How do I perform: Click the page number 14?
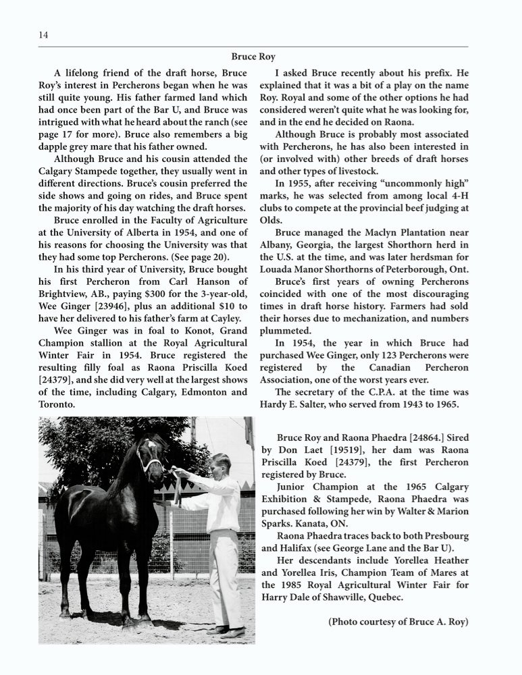[x=43, y=35]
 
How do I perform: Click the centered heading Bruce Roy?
[x=253, y=57]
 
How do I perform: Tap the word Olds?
[x=271, y=220]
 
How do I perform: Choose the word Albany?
[x=278, y=245]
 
